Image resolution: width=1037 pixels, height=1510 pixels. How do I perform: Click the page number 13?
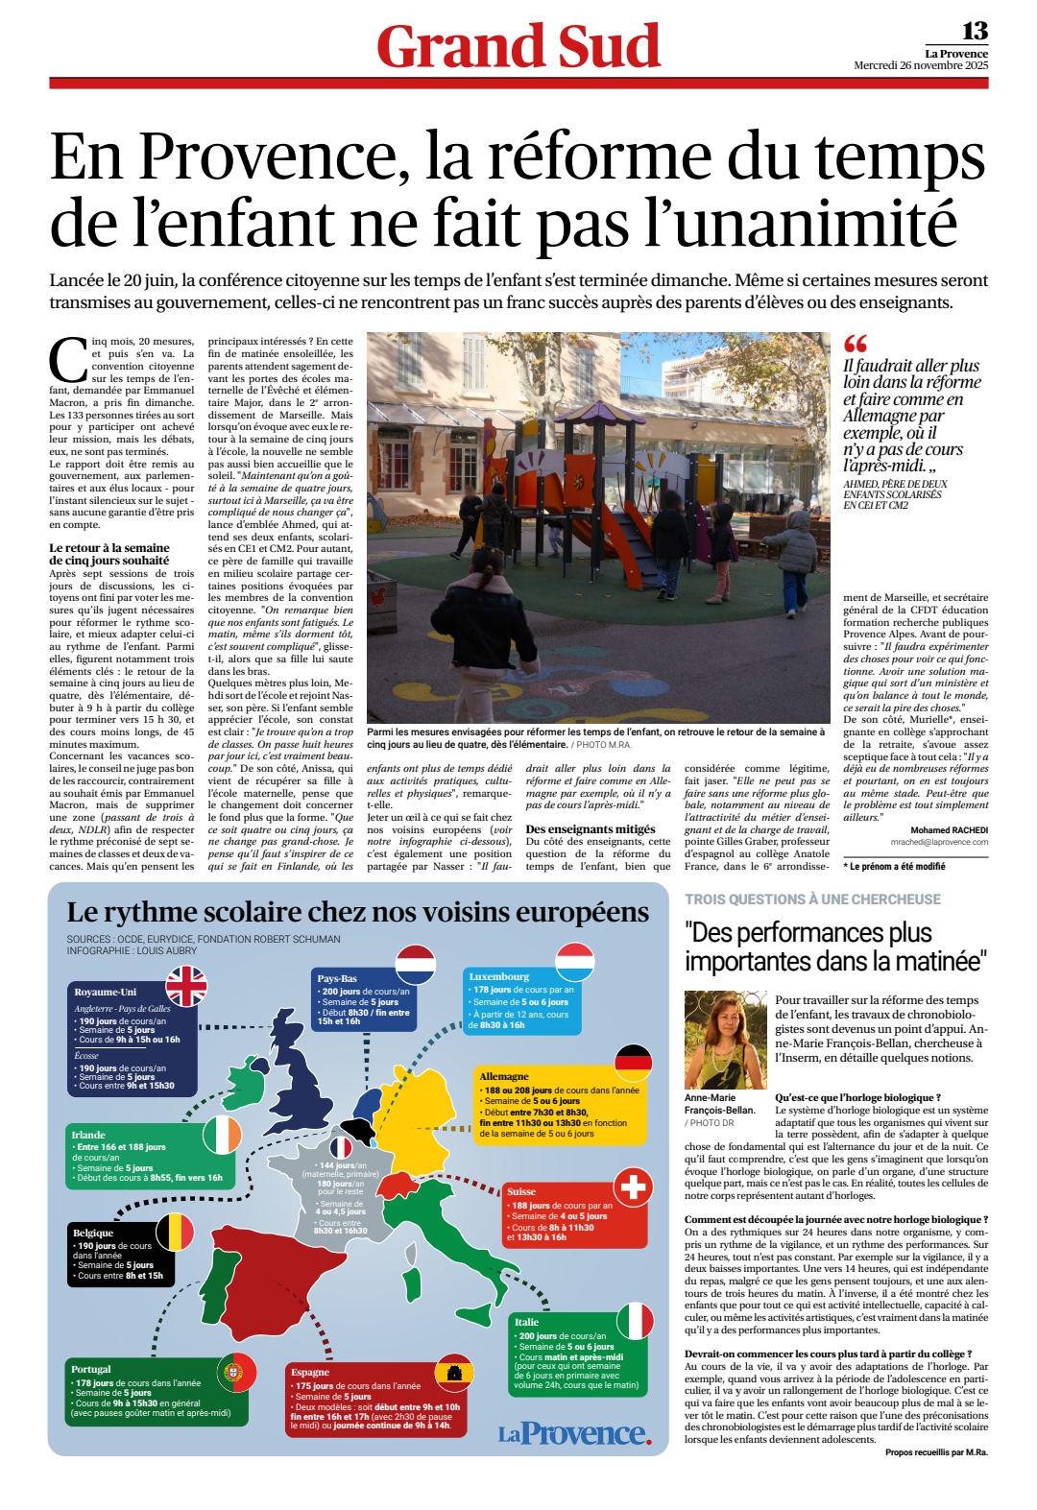[975, 32]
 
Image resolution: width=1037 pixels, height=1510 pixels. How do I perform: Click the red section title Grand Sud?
[518, 46]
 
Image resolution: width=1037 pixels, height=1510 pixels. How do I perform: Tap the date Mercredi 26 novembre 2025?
[920, 65]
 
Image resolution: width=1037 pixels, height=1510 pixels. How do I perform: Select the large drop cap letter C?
[68, 361]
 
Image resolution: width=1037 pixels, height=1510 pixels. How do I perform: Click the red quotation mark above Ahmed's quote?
[855, 344]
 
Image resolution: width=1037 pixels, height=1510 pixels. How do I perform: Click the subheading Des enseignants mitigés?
[591, 828]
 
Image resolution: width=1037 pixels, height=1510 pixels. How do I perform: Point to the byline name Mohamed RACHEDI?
[949, 829]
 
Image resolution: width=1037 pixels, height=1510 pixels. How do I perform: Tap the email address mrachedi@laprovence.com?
[939, 842]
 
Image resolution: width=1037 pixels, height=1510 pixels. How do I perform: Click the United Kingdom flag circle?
[186, 986]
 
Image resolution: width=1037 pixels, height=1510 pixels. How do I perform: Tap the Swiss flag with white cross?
[633, 1187]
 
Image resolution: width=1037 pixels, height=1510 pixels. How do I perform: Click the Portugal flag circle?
[236, 1373]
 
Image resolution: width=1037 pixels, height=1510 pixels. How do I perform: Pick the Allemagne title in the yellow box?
[504, 1076]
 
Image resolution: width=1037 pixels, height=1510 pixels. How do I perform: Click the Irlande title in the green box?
[88, 1135]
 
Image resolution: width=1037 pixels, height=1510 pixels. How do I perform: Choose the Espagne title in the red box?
[310, 1372]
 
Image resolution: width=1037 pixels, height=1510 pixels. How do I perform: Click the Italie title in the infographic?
[526, 1322]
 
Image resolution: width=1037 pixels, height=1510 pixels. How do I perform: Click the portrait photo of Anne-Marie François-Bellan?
[725, 1040]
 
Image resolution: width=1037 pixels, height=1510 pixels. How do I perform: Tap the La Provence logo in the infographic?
[574, 1433]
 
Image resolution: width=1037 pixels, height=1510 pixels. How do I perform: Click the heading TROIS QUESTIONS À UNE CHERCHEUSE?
[812, 899]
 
